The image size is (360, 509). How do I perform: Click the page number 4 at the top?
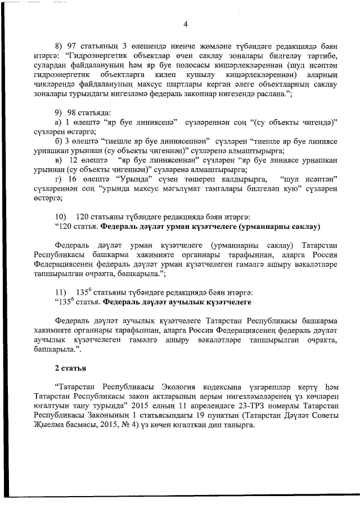click(185, 24)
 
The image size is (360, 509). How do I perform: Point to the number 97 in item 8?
click(72, 60)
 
